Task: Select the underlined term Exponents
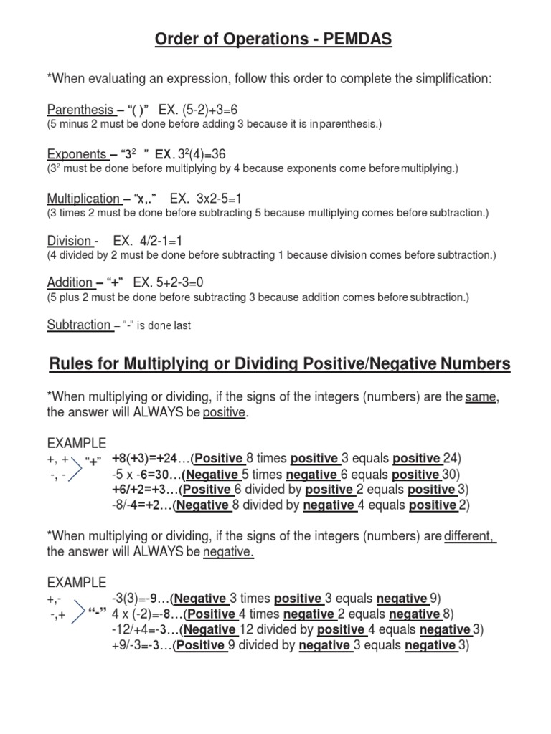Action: point(77,154)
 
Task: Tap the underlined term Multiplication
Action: point(83,199)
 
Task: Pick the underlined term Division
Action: point(69,242)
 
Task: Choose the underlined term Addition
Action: point(70,282)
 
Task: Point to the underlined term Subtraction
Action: point(78,325)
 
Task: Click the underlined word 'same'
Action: point(481,398)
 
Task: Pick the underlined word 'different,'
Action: point(470,538)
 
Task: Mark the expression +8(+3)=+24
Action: point(151,459)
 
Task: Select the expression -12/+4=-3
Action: point(145,629)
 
